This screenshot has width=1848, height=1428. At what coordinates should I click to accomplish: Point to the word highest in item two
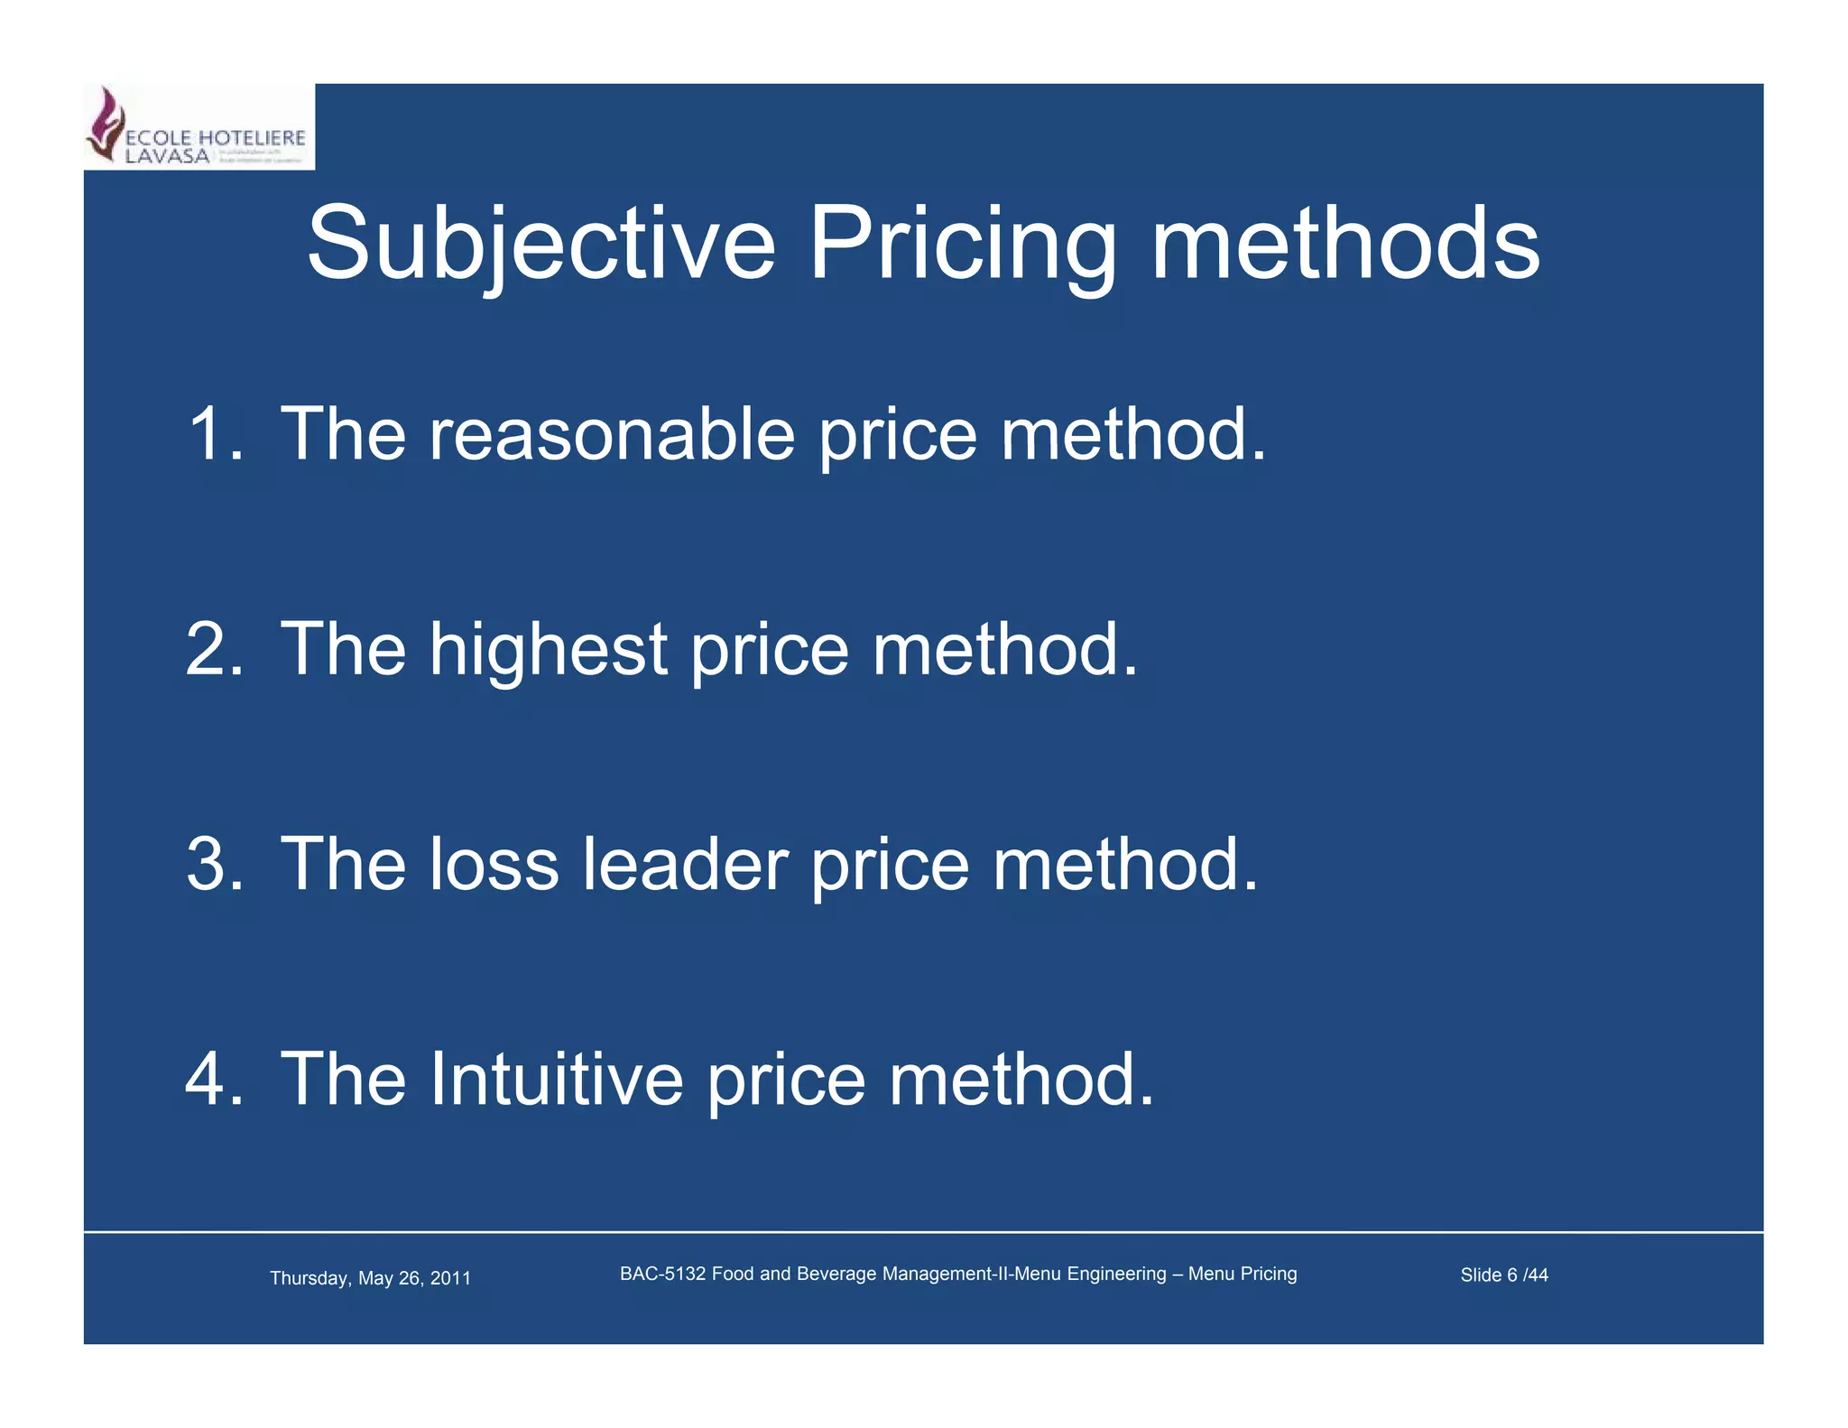click(549, 649)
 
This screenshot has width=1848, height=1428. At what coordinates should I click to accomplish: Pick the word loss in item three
click(494, 864)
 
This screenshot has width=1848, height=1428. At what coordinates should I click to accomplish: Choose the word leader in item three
click(685, 864)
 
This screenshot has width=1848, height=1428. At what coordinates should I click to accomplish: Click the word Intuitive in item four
click(556, 1079)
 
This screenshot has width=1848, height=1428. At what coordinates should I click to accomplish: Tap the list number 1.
click(214, 434)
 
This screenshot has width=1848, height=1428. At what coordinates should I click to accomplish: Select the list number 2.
click(214, 649)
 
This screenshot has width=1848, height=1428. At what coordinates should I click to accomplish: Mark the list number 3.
click(214, 864)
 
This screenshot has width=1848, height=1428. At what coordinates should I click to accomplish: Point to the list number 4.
click(214, 1079)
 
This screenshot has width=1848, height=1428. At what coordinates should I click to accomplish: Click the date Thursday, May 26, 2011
click(370, 1278)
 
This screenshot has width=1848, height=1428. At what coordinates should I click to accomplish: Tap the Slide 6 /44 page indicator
click(1503, 1275)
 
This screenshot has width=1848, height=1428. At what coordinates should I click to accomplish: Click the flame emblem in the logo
click(106, 123)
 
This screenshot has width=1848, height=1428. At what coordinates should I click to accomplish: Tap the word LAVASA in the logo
click(167, 156)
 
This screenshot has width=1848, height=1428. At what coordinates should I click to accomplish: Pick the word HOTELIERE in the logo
click(252, 138)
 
